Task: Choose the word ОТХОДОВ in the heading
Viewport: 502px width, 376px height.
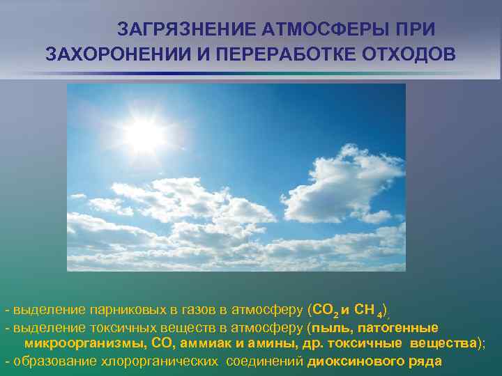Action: (410, 54)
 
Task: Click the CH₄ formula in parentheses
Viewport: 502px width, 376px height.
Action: (367, 308)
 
